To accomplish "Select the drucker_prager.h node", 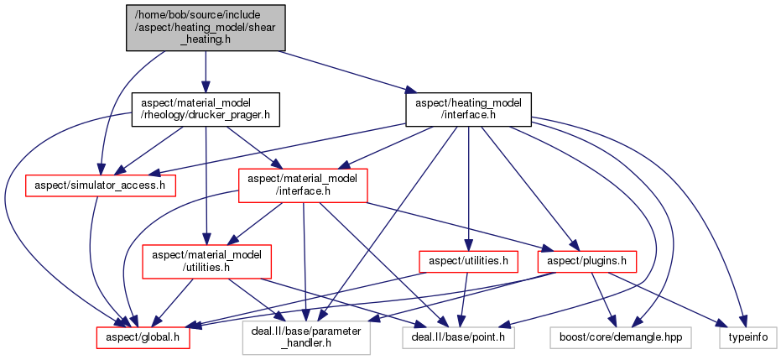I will coord(205,109).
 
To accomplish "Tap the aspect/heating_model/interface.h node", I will coord(468,109).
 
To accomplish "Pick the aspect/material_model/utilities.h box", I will coord(206,261).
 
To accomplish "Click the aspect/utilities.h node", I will coord(465,261).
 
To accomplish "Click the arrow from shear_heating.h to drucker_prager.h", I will coord(205,71).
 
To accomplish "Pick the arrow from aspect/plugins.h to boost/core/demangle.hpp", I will coord(597,299).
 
